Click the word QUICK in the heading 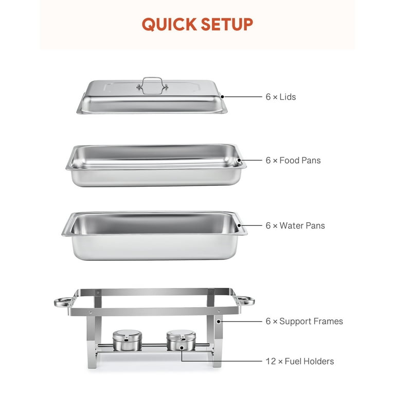[169, 25]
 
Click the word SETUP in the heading [227, 24]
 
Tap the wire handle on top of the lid [152, 79]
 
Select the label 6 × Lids [281, 97]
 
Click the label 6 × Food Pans [293, 160]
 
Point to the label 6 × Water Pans [295, 226]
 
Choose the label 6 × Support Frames [304, 321]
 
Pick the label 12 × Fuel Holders [300, 362]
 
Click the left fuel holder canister [127, 340]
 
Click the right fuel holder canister [181, 340]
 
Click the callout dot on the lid [222, 97]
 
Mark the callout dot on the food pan [239, 160]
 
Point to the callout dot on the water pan [239, 225]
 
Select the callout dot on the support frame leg [219, 321]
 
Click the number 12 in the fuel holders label [271, 362]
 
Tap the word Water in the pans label [291, 226]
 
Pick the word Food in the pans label [289, 160]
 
